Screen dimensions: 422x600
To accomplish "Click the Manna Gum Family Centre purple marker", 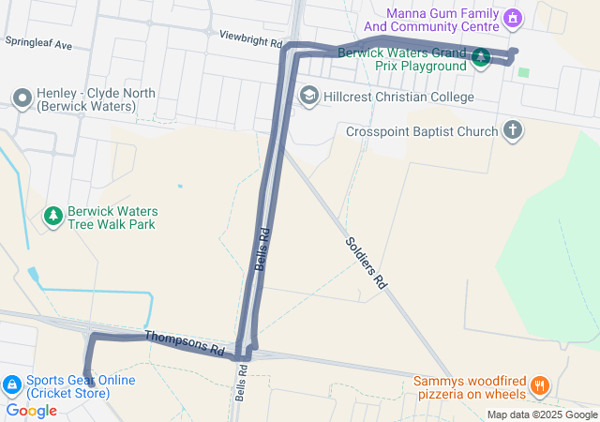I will tap(512, 18).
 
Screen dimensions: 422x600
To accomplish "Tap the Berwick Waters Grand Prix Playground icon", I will tap(480, 58).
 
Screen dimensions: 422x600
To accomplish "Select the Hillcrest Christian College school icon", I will tap(308, 96).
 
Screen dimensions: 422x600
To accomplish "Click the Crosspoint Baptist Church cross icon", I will tap(512, 130).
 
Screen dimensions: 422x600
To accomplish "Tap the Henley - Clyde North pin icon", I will tap(22, 98).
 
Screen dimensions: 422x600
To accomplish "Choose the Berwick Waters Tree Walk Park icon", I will tap(53, 217).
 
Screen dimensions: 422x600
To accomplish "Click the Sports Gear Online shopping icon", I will tap(12, 384).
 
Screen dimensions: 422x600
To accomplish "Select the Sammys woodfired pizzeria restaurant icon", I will tap(539, 384).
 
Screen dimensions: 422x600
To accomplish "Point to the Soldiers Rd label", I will tap(367, 262).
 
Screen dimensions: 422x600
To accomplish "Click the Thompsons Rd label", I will tap(185, 343).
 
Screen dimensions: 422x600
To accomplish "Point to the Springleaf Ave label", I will tap(38, 43).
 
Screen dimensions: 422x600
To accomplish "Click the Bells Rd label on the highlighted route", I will tap(264, 249).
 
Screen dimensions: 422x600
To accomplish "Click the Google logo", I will tap(31, 410).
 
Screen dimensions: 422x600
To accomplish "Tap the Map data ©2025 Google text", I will tap(541, 414).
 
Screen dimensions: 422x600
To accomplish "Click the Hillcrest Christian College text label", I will tap(398, 97).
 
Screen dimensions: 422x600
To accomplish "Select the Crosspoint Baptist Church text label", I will tap(421, 131).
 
